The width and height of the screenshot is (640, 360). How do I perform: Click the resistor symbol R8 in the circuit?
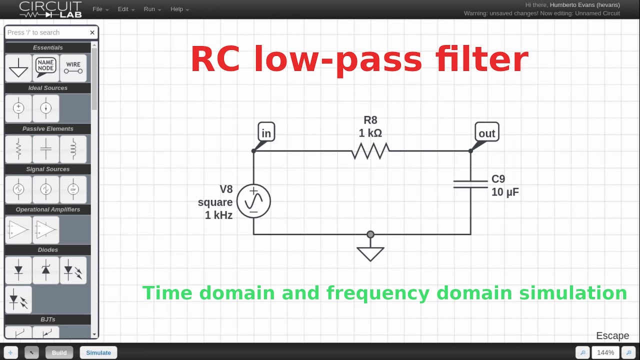pyautogui.click(x=370, y=150)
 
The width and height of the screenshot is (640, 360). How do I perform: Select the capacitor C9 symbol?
pyautogui.click(x=470, y=184)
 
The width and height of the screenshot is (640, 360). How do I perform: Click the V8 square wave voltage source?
pyautogui.click(x=253, y=201)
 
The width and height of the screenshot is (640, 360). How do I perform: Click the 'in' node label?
pyautogui.click(x=266, y=133)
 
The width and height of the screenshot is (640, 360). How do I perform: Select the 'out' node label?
pyautogui.click(x=486, y=133)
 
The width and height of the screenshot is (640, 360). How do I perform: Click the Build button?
pyautogui.click(x=59, y=352)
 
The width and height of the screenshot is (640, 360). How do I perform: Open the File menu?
pyautogui.click(x=100, y=9)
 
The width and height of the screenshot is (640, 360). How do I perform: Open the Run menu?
pyautogui.click(x=152, y=9)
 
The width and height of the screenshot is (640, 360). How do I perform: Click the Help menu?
pyautogui.click(x=179, y=9)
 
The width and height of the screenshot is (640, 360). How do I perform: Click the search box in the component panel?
pyautogui.click(x=46, y=32)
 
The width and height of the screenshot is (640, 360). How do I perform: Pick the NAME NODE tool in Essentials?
pyautogui.click(x=45, y=67)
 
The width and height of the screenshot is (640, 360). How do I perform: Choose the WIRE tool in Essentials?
pyautogui.click(x=73, y=67)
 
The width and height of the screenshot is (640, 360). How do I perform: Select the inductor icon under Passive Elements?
pyautogui.click(x=73, y=149)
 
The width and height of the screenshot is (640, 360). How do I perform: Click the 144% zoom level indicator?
pyautogui.click(x=605, y=352)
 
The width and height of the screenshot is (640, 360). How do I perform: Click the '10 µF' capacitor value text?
pyautogui.click(x=505, y=192)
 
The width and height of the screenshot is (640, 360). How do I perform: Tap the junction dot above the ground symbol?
pyautogui.click(x=370, y=234)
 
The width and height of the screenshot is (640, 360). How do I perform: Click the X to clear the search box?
pyautogui.click(x=92, y=32)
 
